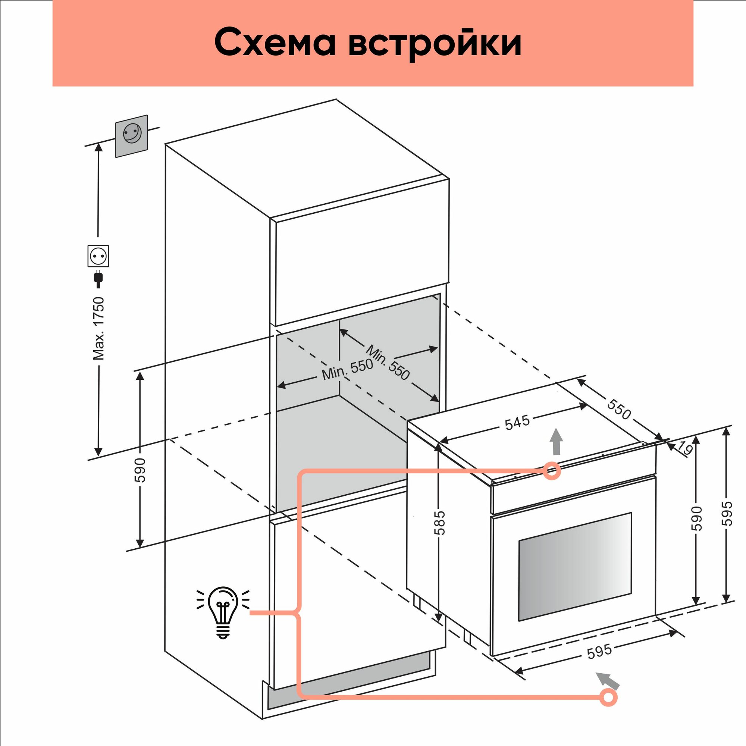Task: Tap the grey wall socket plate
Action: (x=132, y=135)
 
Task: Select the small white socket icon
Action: (x=98, y=256)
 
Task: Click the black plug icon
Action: (x=98, y=279)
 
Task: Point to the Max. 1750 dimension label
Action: (x=99, y=328)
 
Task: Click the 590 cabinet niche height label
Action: (x=140, y=470)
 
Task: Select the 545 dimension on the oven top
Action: (x=517, y=423)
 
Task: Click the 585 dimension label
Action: (x=439, y=523)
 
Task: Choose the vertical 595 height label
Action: (x=727, y=513)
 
